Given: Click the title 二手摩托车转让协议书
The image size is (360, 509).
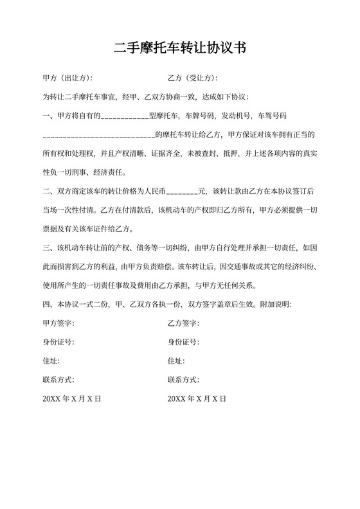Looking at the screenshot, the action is click(x=180, y=48).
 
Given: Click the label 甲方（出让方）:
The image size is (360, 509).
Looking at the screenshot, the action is click(x=67, y=78).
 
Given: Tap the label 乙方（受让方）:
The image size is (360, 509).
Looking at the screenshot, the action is click(x=193, y=78).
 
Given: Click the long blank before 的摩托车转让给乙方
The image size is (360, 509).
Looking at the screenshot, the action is click(x=98, y=136).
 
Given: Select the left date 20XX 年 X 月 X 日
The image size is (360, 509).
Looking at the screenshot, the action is click(x=72, y=399).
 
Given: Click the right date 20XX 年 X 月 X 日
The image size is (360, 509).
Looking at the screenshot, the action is click(x=197, y=399).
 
